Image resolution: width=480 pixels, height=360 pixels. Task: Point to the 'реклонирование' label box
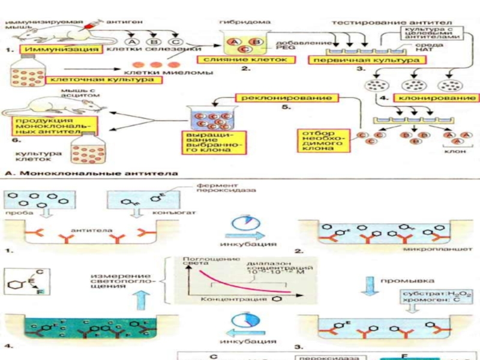pos(278,97)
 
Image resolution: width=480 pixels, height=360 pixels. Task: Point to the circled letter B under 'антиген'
pos(155,41)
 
